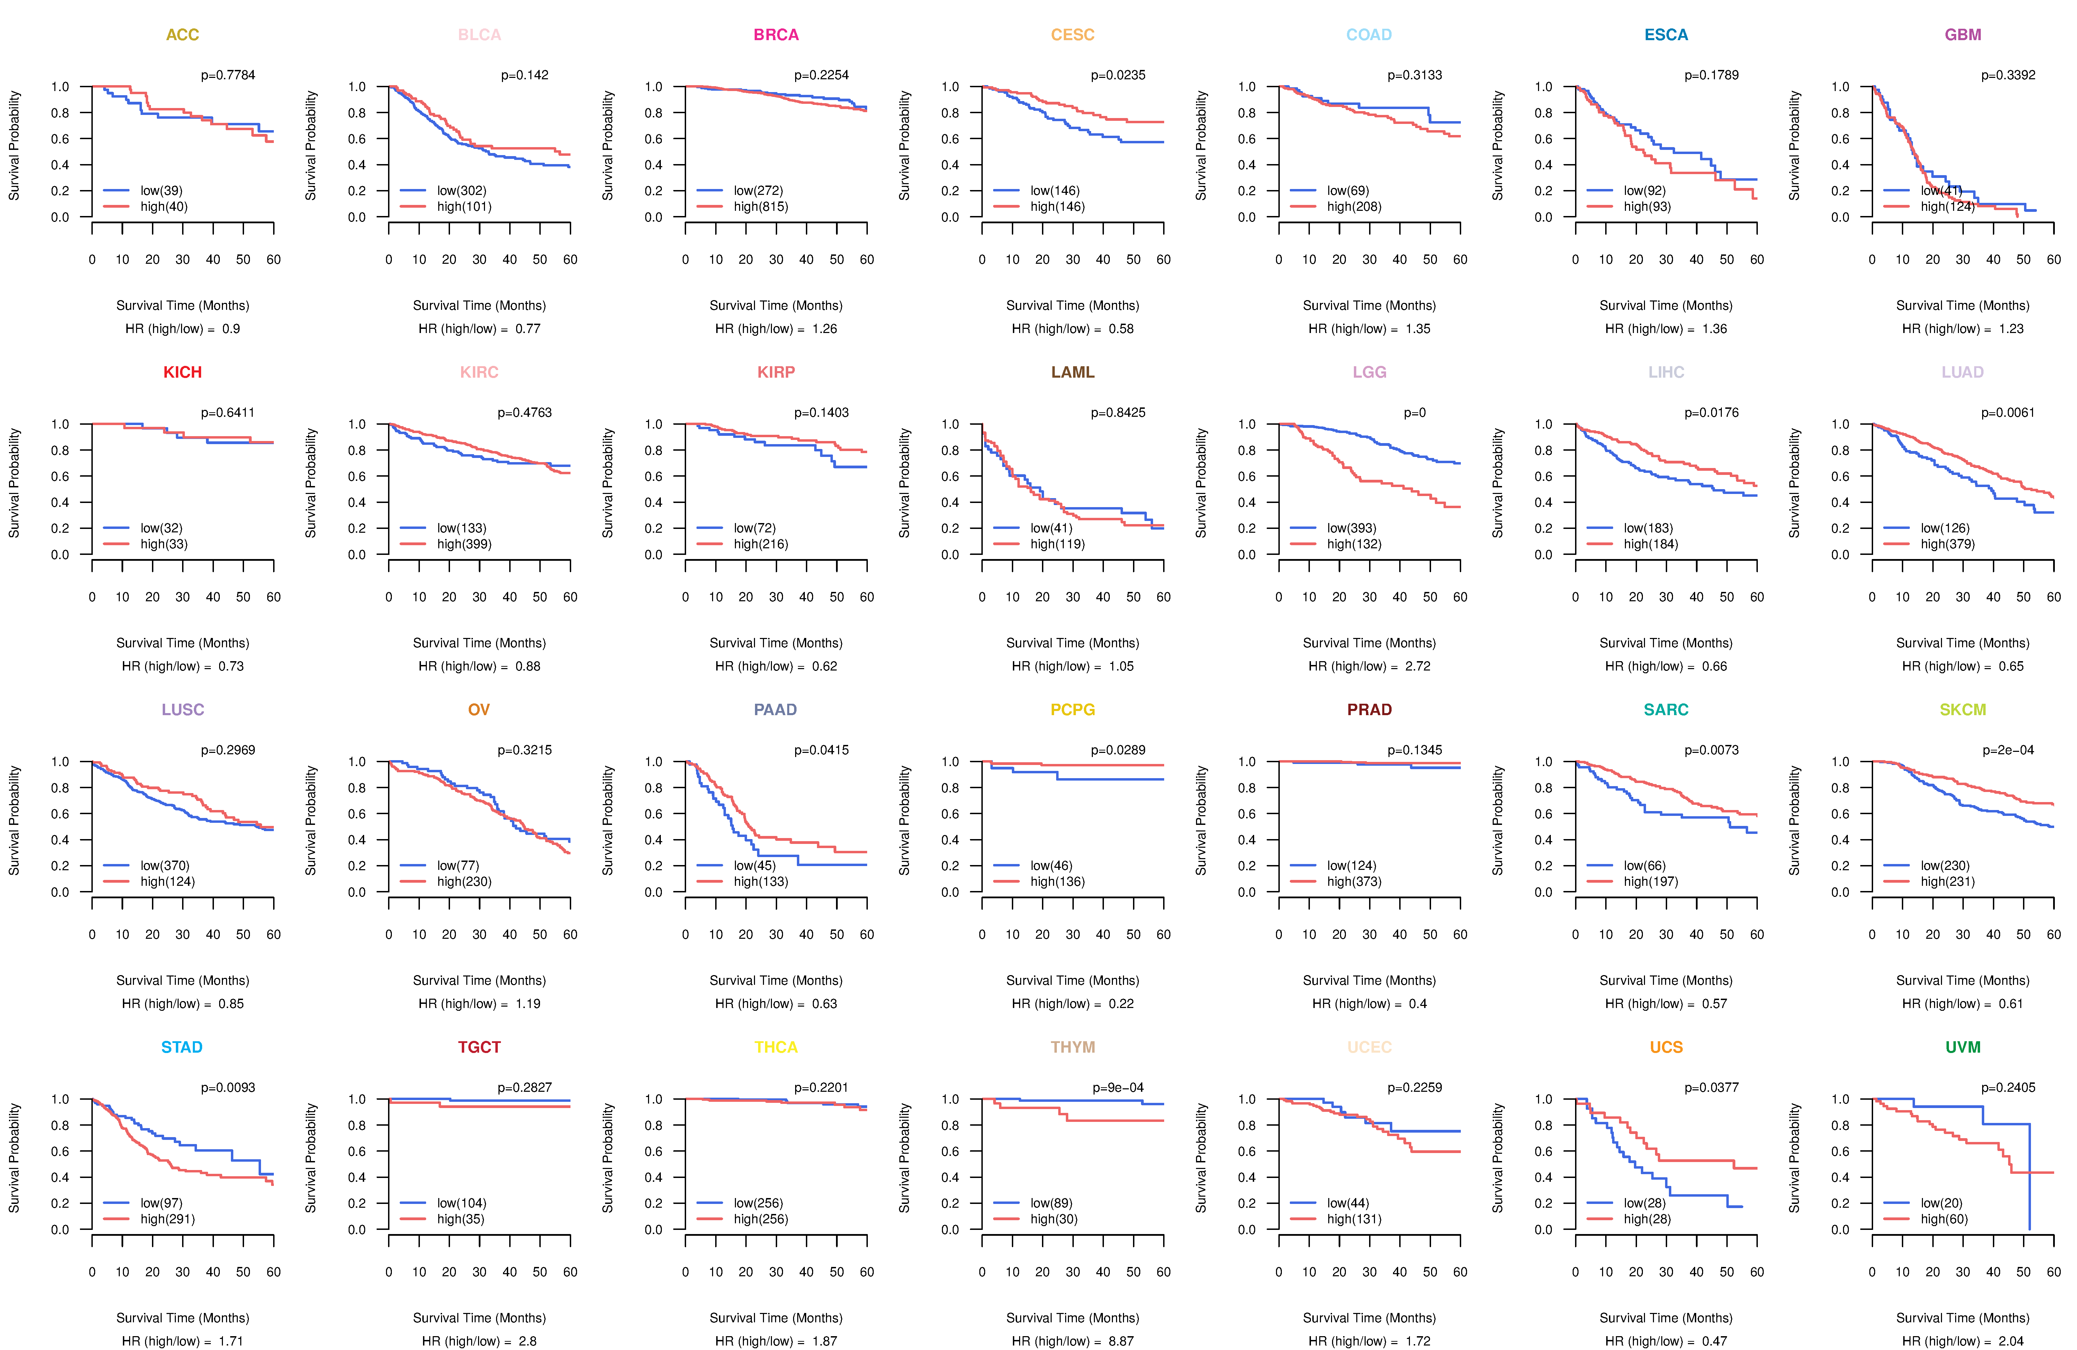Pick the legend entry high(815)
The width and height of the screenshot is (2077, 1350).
[x=760, y=207]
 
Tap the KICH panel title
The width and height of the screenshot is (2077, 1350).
[x=182, y=372]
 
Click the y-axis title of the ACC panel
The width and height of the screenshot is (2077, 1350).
[x=14, y=146]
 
